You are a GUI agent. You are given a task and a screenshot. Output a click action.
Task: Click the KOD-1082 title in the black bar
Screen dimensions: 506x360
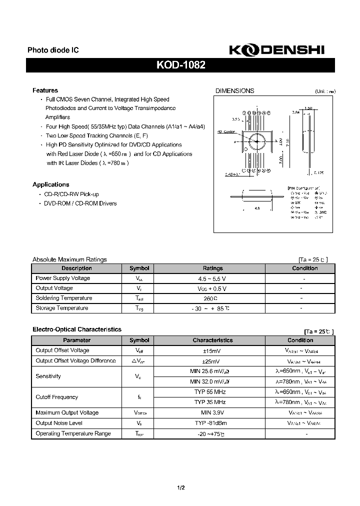[x=180, y=65]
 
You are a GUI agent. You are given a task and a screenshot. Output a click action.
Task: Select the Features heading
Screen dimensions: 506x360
[x=45, y=90]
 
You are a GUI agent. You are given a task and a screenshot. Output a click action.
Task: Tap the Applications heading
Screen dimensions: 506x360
[x=50, y=184]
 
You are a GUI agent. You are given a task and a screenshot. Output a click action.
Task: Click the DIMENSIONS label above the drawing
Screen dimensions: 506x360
[x=234, y=91]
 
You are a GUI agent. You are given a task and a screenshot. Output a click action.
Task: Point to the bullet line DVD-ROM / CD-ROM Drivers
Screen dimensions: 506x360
[x=80, y=203]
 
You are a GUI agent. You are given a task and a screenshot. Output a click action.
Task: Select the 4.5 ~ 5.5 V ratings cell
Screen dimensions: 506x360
[x=212, y=278]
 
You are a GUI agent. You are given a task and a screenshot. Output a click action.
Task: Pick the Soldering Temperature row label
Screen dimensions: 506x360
[x=61, y=298]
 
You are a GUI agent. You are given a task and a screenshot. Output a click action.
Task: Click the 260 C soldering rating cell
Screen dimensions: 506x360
[x=212, y=298]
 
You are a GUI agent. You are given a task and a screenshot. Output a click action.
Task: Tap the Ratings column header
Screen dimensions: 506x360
[x=212, y=268]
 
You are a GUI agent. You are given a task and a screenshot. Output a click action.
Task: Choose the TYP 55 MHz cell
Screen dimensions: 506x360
[x=212, y=392]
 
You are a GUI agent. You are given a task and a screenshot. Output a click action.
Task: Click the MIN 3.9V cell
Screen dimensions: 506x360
[x=212, y=412]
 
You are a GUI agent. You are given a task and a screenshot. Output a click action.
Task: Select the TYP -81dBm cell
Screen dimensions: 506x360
[x=212, y=423]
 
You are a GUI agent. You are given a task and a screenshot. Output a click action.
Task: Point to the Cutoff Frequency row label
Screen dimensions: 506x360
[x=56, y=397]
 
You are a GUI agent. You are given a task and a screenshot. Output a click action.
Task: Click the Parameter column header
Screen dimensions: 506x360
[x=77, y=340]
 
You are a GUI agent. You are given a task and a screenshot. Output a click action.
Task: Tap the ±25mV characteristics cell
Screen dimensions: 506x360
[x=212, y=360]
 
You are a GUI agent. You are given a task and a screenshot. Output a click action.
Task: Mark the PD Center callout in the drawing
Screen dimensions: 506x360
[x=226, y=132]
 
